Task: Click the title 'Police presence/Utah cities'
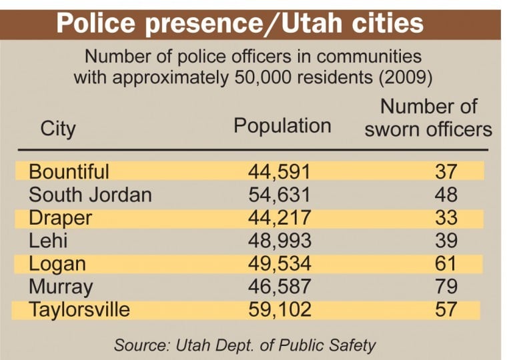[239, 23]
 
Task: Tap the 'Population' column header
[282, 126]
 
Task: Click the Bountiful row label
[69, 171]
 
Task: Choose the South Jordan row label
[90, 195]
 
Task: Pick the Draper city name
[60, 218]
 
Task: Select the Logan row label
[57, 264]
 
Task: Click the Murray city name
[61, 287]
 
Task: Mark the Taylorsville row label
[79, 310]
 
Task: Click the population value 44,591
[280, 171]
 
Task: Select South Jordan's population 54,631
[280, 195]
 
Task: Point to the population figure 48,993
[280, 241]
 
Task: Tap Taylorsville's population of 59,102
[280, 310]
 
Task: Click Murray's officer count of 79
[445, 287]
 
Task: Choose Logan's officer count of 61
[445, 264]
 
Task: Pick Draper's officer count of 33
[445, 218]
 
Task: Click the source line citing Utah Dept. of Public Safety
[245, 345]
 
